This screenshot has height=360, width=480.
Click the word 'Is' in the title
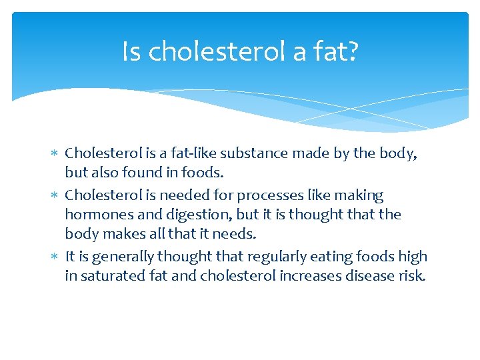point(131,51)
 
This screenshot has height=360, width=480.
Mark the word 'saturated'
point(111,275)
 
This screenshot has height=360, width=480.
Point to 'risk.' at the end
point(409,275)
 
